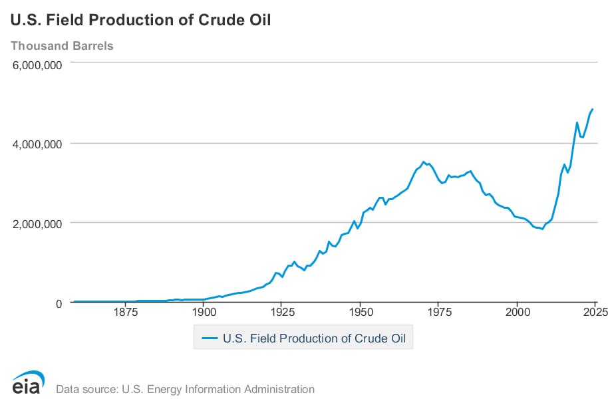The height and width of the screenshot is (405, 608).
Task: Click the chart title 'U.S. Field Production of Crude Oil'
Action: [140, 20]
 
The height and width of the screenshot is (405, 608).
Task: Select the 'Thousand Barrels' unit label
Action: [62, 46]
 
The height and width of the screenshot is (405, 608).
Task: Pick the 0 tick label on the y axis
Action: [58, 303]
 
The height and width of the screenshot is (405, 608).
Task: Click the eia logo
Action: [27, 384]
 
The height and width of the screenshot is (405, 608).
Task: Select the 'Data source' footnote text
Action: [186, 389]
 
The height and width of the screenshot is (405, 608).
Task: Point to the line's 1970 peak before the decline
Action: [423, 162]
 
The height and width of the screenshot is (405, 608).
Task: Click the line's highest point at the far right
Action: [592, 109]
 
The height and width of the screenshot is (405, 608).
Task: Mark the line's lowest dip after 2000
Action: [542, 229]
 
